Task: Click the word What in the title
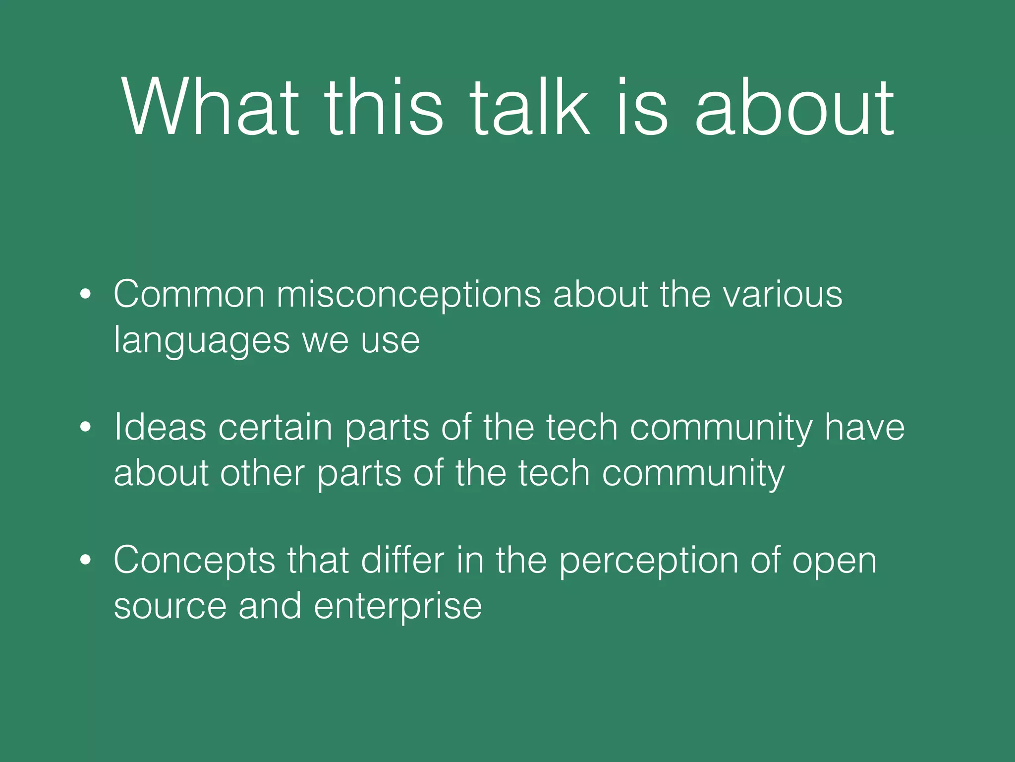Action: pos(210,107)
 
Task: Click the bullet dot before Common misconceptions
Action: pos(86,295)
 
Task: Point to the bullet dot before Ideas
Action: pos(86,427)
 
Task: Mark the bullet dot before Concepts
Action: pos(86,560)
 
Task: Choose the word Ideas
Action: pos(160,427)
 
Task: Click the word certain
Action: pos(275,427)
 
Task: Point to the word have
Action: pos(864,427)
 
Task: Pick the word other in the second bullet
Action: pos(262,473)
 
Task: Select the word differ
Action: pos(402,560)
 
